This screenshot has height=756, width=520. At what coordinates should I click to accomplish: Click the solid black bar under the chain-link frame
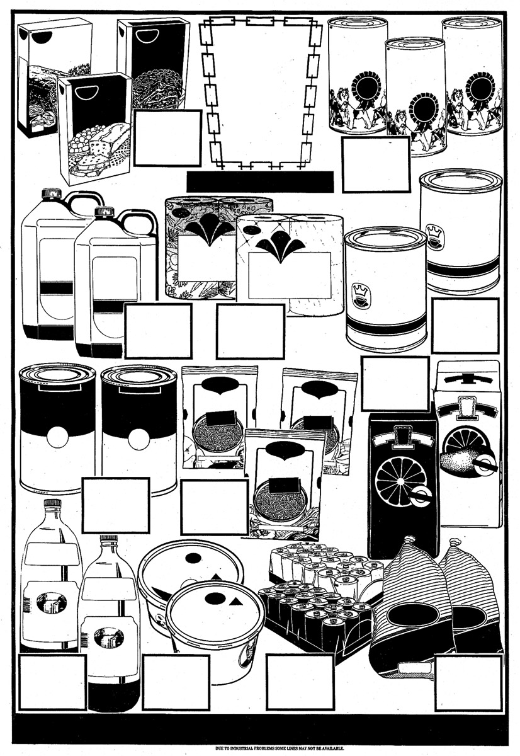260,182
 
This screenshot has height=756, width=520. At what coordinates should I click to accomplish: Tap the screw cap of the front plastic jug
103,212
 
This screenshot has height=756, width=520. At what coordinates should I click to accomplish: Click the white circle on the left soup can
57,437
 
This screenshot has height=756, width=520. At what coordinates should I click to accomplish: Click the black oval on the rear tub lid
193,558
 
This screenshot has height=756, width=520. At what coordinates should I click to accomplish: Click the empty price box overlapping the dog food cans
376,164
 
